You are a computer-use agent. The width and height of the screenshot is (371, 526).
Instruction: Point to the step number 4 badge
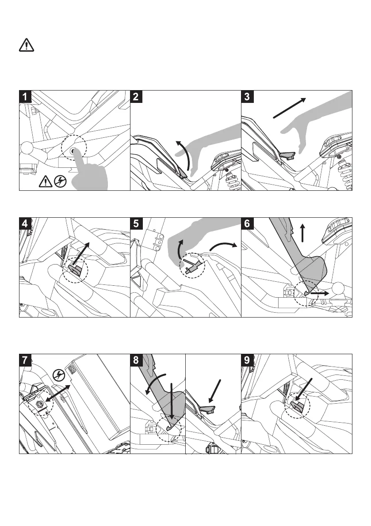coord(26,224)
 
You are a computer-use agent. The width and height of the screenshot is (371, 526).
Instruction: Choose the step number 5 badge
coord(137,224)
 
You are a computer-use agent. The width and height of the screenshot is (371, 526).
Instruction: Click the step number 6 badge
coord(248,224)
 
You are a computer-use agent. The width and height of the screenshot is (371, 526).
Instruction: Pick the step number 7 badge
coord(26,360)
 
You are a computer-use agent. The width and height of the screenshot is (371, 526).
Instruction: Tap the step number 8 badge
coord(137,360)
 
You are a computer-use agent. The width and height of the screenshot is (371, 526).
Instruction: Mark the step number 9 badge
coord(248,360)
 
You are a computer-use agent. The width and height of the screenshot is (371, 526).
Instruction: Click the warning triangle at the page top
coord(27,45)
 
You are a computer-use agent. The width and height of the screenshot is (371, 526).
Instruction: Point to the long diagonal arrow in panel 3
coord(289,108)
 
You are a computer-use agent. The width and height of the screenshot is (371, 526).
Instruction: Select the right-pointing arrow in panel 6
coord(318,292)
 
